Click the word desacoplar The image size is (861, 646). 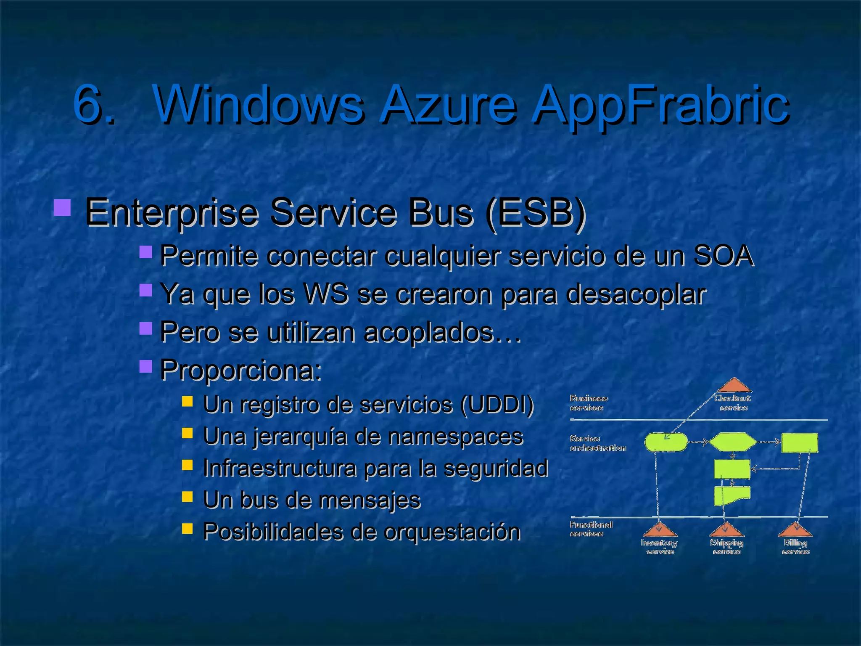[x=636, y=294]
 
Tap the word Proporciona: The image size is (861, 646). [x=240, y=370]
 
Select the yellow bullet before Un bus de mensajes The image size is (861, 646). [x=187, y=497]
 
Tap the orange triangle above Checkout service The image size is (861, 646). [x=734, y=386]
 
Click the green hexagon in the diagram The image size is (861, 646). [x=732, y=442]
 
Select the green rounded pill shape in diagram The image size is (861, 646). [x=666, y=442]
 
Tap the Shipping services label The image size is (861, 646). [x=726, y=547]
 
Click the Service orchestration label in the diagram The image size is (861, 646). [x=597, y=443]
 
